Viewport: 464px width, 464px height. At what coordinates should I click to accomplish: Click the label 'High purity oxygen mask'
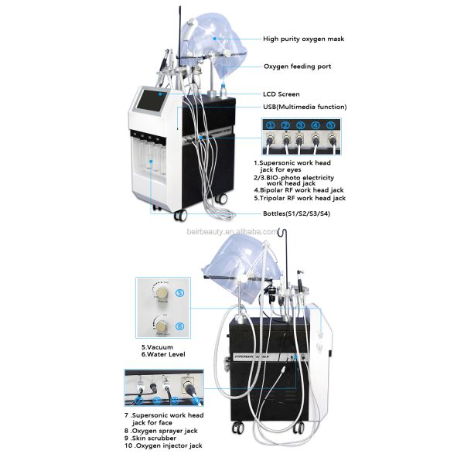(x=303, y=39)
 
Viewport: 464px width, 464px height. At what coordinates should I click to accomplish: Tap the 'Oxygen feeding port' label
(x=297, y=67)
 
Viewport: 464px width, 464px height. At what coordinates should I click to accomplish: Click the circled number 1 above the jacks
(x=271, y=125)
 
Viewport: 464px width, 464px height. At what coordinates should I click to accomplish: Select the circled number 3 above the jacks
(x=300, y=125)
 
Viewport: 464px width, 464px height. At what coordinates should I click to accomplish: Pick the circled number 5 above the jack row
(x=331, y=125)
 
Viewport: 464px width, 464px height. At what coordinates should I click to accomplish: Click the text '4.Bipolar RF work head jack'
(x=300, y=189)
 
